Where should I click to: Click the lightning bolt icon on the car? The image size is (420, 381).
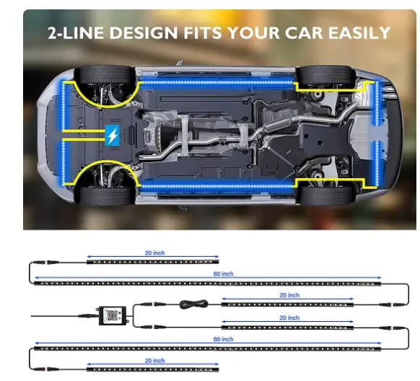(x=113, y=135)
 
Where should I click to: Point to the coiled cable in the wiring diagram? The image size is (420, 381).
(x=193, y=305)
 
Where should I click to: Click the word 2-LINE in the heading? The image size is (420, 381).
(x=76, y=33)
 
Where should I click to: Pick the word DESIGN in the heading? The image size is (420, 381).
(x=144, y=33)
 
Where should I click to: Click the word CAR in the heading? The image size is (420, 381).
(x=304, y=32)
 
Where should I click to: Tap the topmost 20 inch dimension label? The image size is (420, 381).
(x=154, y=253)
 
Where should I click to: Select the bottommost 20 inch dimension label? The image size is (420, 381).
(x=154, y=360)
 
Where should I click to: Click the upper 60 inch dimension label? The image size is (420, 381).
(x=223, y=273)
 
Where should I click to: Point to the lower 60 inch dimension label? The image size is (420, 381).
(x=223, y=339)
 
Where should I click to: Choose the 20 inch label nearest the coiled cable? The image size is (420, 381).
(x=289, y=295)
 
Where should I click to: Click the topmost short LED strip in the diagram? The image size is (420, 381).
(x=153, y=262)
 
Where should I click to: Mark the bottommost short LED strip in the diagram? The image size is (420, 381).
(x=153, y=369)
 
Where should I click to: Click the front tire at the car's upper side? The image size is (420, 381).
(x=105, y=74)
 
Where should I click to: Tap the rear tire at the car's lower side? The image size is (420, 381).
(x=326, y=196)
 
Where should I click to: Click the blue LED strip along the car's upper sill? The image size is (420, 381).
(x=217, y=82)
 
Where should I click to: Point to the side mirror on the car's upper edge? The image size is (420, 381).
(x=180, y=63)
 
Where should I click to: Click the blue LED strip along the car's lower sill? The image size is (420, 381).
(x=217, y=186)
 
